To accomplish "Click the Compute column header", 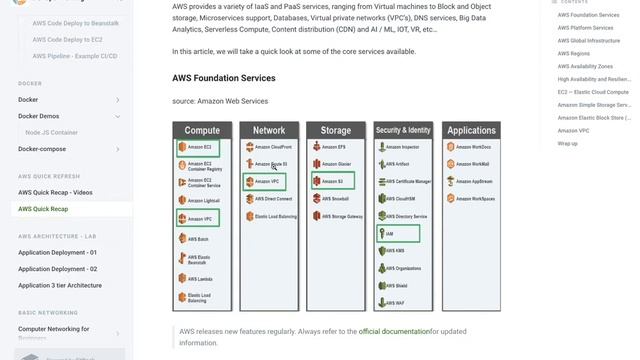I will [x=202, y=130].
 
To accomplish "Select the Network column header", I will [x=269, y=130].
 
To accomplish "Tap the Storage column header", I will [x=336, y=130].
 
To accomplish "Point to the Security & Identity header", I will [x=403, y=130].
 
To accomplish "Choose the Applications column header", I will [x=471, y=130].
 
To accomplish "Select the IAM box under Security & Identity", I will [x=398, y=233].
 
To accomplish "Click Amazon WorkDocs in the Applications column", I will [x=471, y=147].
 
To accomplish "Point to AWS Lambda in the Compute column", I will [x=199, y=279].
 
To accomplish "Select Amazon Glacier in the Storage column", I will [x=336, y=164].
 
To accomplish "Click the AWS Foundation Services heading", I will [x=223, y=78].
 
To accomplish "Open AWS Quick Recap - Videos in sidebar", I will [x=55, y=192].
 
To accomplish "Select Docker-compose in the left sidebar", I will [x=42, y=149].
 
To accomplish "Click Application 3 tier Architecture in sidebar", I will [x=60, y=285].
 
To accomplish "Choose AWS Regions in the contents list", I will [x=574, y=54].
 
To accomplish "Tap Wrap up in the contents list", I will [x=568, y=143].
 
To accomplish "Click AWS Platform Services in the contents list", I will [x=586, y=28].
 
